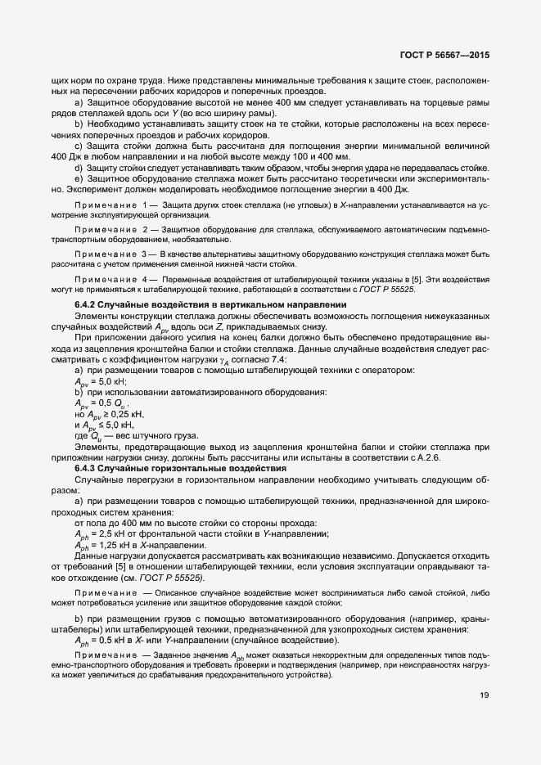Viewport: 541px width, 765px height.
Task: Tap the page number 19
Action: pyautogui.click(x=484, y=696)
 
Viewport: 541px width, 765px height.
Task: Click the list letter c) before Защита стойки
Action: pyautogui.click(x=78, y=145)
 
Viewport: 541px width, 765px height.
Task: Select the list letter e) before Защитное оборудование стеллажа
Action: pyautogui.click(x=78, y=178)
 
